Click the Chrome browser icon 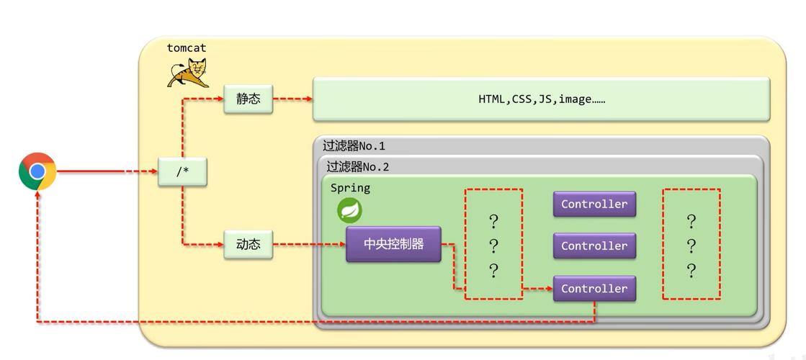(37, 171)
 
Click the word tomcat (186, 48)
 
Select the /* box (182, 171)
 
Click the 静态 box (248, 99)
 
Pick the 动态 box (248, 244)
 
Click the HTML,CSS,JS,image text (542, 99)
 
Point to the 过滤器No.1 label (354, 146)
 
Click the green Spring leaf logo (349, 210)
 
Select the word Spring (350, 188)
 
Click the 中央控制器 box (393, 244)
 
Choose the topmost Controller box (594, 204)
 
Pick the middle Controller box (594, 246)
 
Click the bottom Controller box (594, 289)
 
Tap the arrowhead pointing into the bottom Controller (548, 289)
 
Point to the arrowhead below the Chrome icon (37, 195)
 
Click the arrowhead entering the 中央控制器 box (341, 244)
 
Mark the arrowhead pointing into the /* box (153, 171)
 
